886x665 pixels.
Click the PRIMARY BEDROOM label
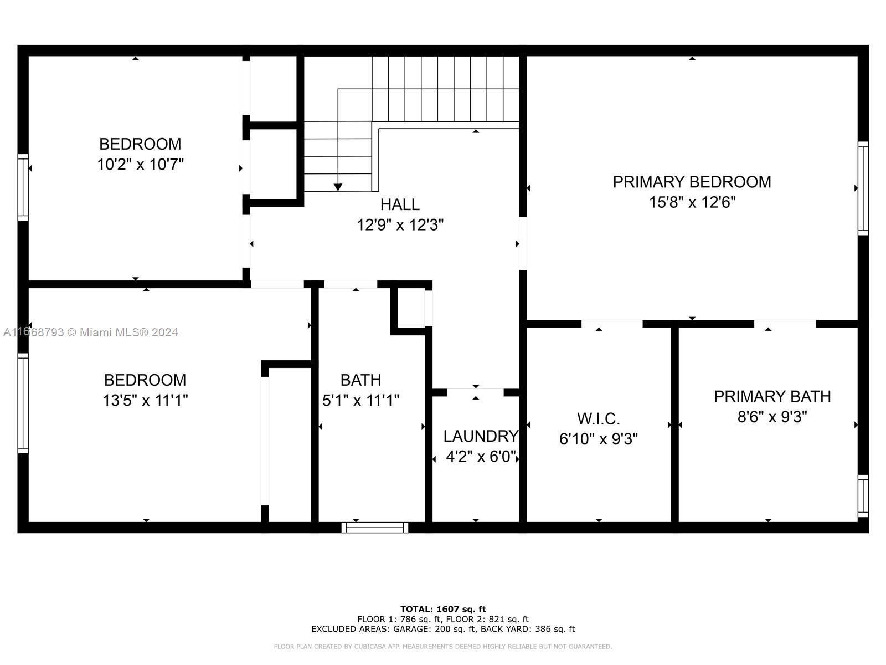pos(692,182)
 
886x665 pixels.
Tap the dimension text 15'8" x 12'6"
pos(692,202)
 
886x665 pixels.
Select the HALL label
pos(400,204)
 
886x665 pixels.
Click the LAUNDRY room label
pos(480,436)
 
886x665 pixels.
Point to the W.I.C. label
pos(598,418)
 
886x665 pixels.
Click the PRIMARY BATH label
pos(772,397)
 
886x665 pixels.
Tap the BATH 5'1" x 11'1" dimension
pos(360,400)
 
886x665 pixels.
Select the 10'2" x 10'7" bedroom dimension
pos(140,165)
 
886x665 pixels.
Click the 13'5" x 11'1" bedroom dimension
pos(145,400)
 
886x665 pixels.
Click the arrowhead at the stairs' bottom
pos(338,187)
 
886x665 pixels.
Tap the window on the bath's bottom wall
pos(375,528)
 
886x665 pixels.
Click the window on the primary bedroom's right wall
pos(863,188)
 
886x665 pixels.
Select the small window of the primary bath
pos(863,495)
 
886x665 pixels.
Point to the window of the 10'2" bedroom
pos(23,187)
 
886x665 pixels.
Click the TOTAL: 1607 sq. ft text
pos(443,609)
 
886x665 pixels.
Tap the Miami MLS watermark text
pos(91,332)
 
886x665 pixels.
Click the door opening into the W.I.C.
pos(612,324)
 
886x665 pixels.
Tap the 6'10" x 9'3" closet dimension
pos(598,439)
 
